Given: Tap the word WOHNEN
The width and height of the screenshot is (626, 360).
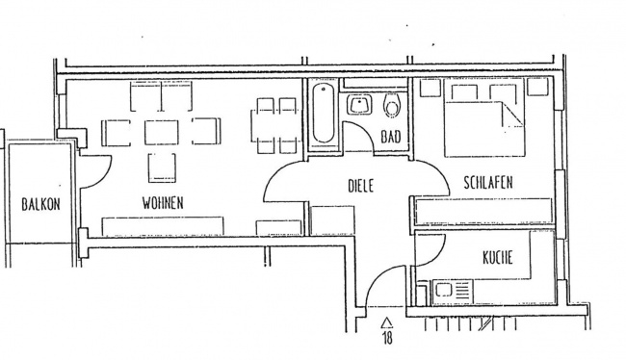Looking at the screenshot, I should [163, 203].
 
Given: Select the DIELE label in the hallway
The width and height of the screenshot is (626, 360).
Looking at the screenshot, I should [359, 183].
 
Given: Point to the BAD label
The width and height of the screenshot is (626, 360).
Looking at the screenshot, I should [390, 138].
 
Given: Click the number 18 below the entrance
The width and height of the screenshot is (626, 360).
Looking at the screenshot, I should [387, 338].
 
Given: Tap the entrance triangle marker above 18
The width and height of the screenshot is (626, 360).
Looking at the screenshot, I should [387, 321].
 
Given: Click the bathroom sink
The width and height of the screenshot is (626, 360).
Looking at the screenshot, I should [362, 104].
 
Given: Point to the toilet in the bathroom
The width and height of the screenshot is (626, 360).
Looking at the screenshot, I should [391, 104].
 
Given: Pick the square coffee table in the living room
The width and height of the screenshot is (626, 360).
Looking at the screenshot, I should [161, 131].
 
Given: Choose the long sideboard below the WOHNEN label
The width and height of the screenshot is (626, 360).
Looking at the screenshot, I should [165, 226].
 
